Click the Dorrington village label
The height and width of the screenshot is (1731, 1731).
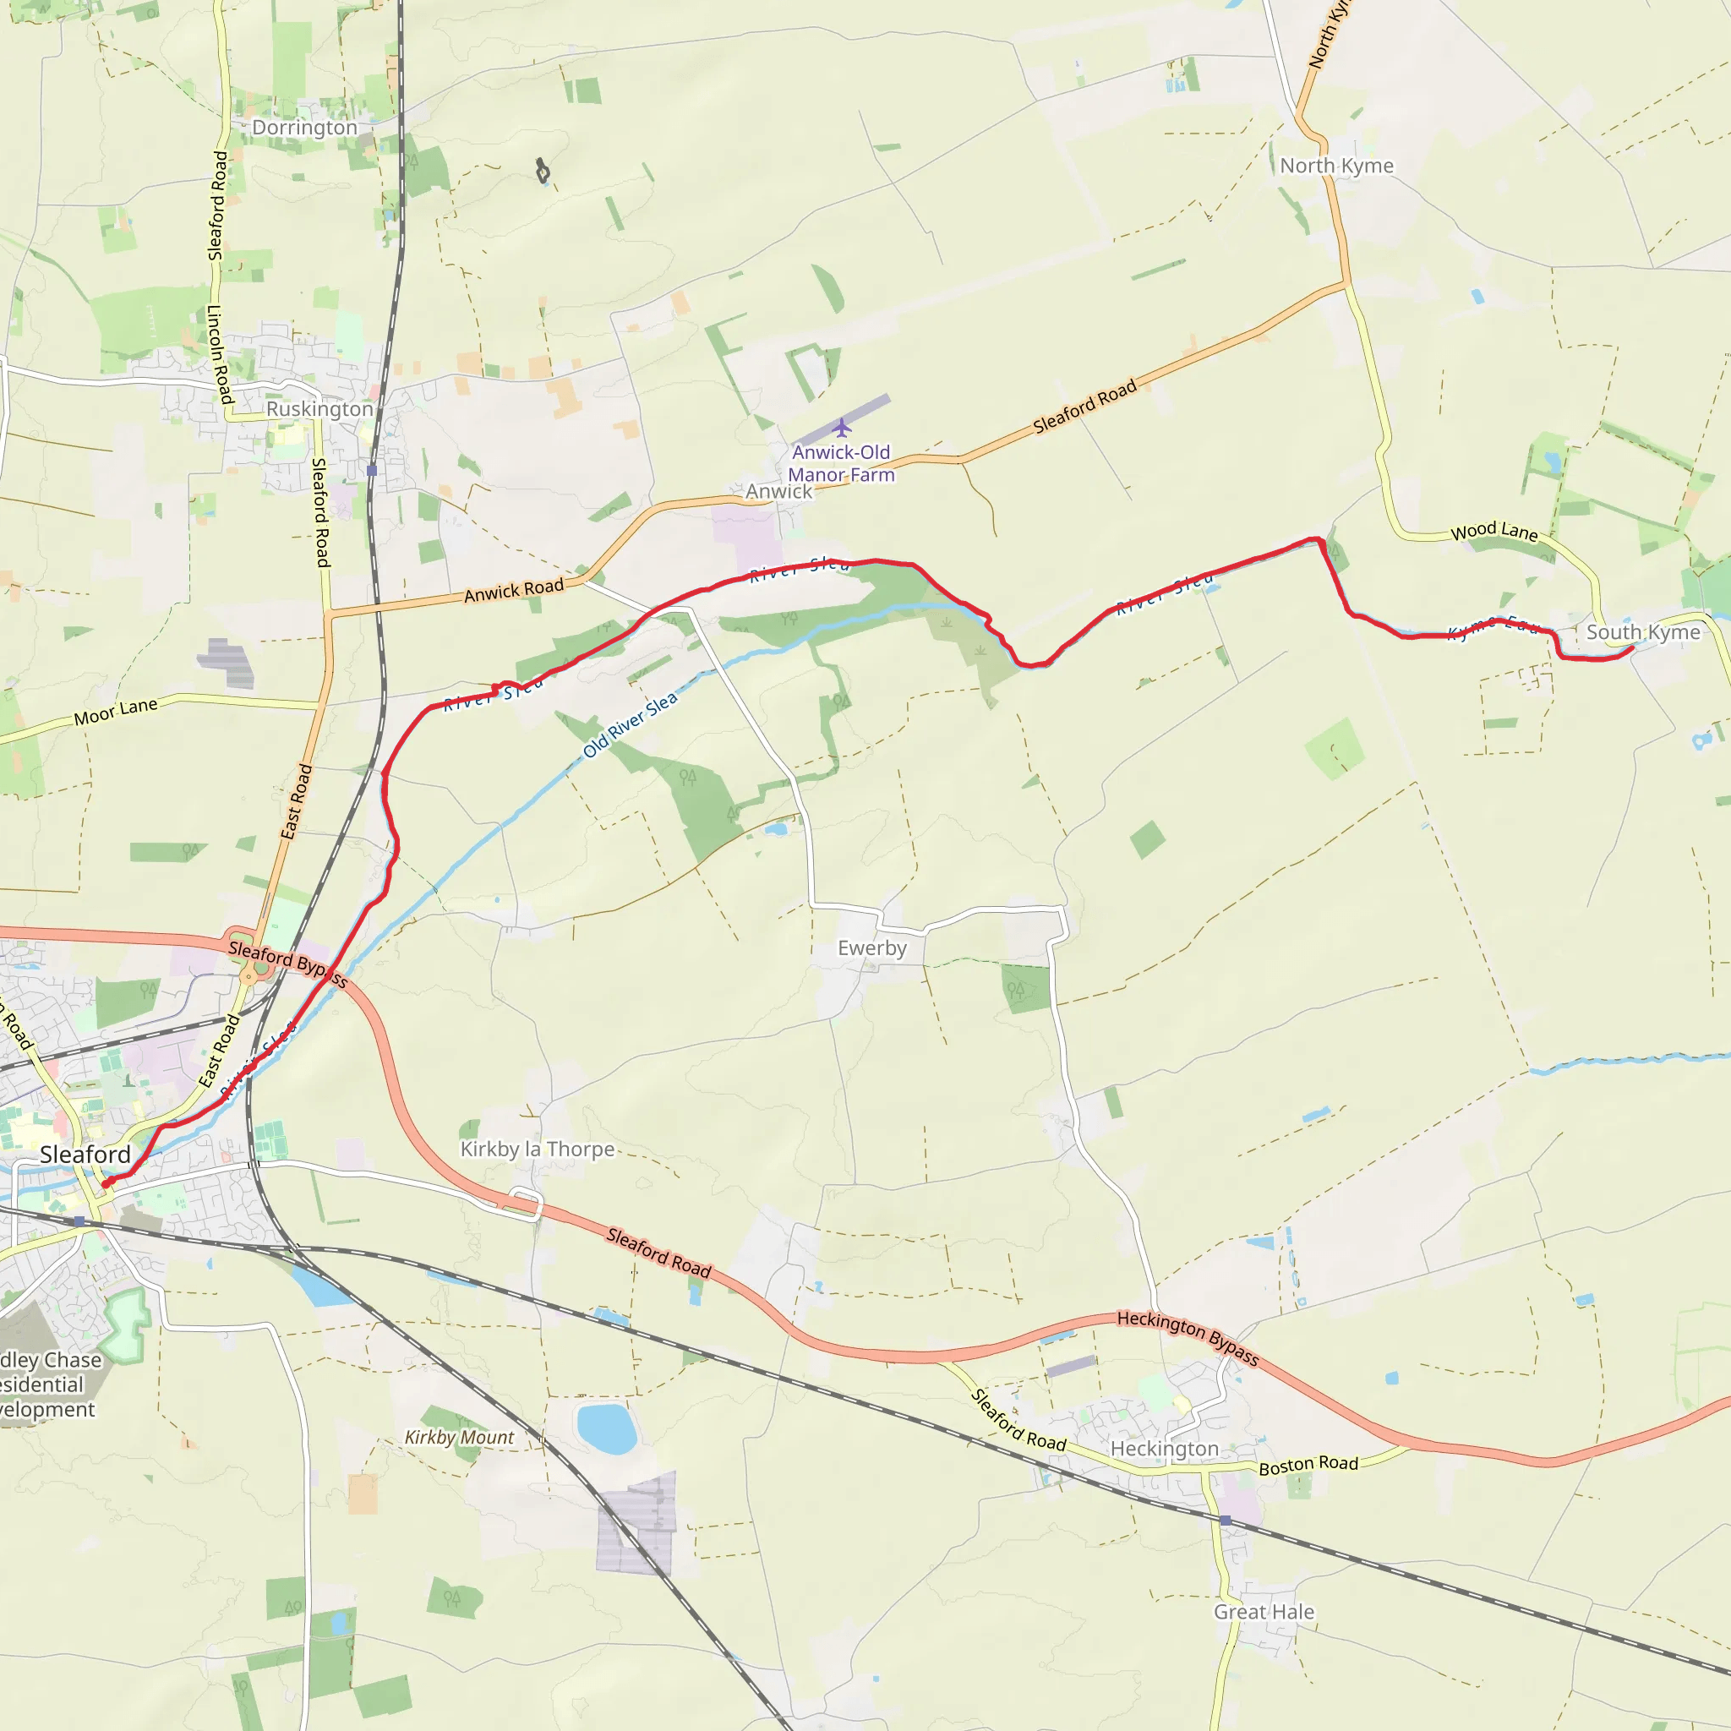tap(304, 128)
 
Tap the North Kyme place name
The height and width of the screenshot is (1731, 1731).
tap(1336, 167)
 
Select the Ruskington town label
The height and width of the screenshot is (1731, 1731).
tap(319, 409)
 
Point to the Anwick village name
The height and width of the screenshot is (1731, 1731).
tap(778, 492)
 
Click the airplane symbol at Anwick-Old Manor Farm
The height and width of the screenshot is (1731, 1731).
tap(841, 428)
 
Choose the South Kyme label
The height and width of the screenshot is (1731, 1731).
tap(1643, 632)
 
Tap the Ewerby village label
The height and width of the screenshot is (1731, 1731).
tap(871, 949)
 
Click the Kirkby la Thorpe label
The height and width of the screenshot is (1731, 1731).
tap(538, 1149)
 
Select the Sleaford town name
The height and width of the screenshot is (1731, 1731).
tap(85, 1155)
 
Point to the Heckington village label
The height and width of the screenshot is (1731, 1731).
tap(1165, 1449)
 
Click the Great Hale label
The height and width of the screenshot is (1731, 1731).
tap(1264, 1612)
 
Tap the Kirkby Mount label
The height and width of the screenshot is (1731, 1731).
tap(460, 1437)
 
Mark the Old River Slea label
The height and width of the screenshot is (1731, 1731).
tap(631, 725)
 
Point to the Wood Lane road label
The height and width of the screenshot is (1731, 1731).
tap(1494, 532)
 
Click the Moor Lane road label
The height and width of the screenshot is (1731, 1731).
tap(116, 712)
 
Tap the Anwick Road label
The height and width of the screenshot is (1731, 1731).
tap(514, 591)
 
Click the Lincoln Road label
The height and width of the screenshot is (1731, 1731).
tap(221, 354)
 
